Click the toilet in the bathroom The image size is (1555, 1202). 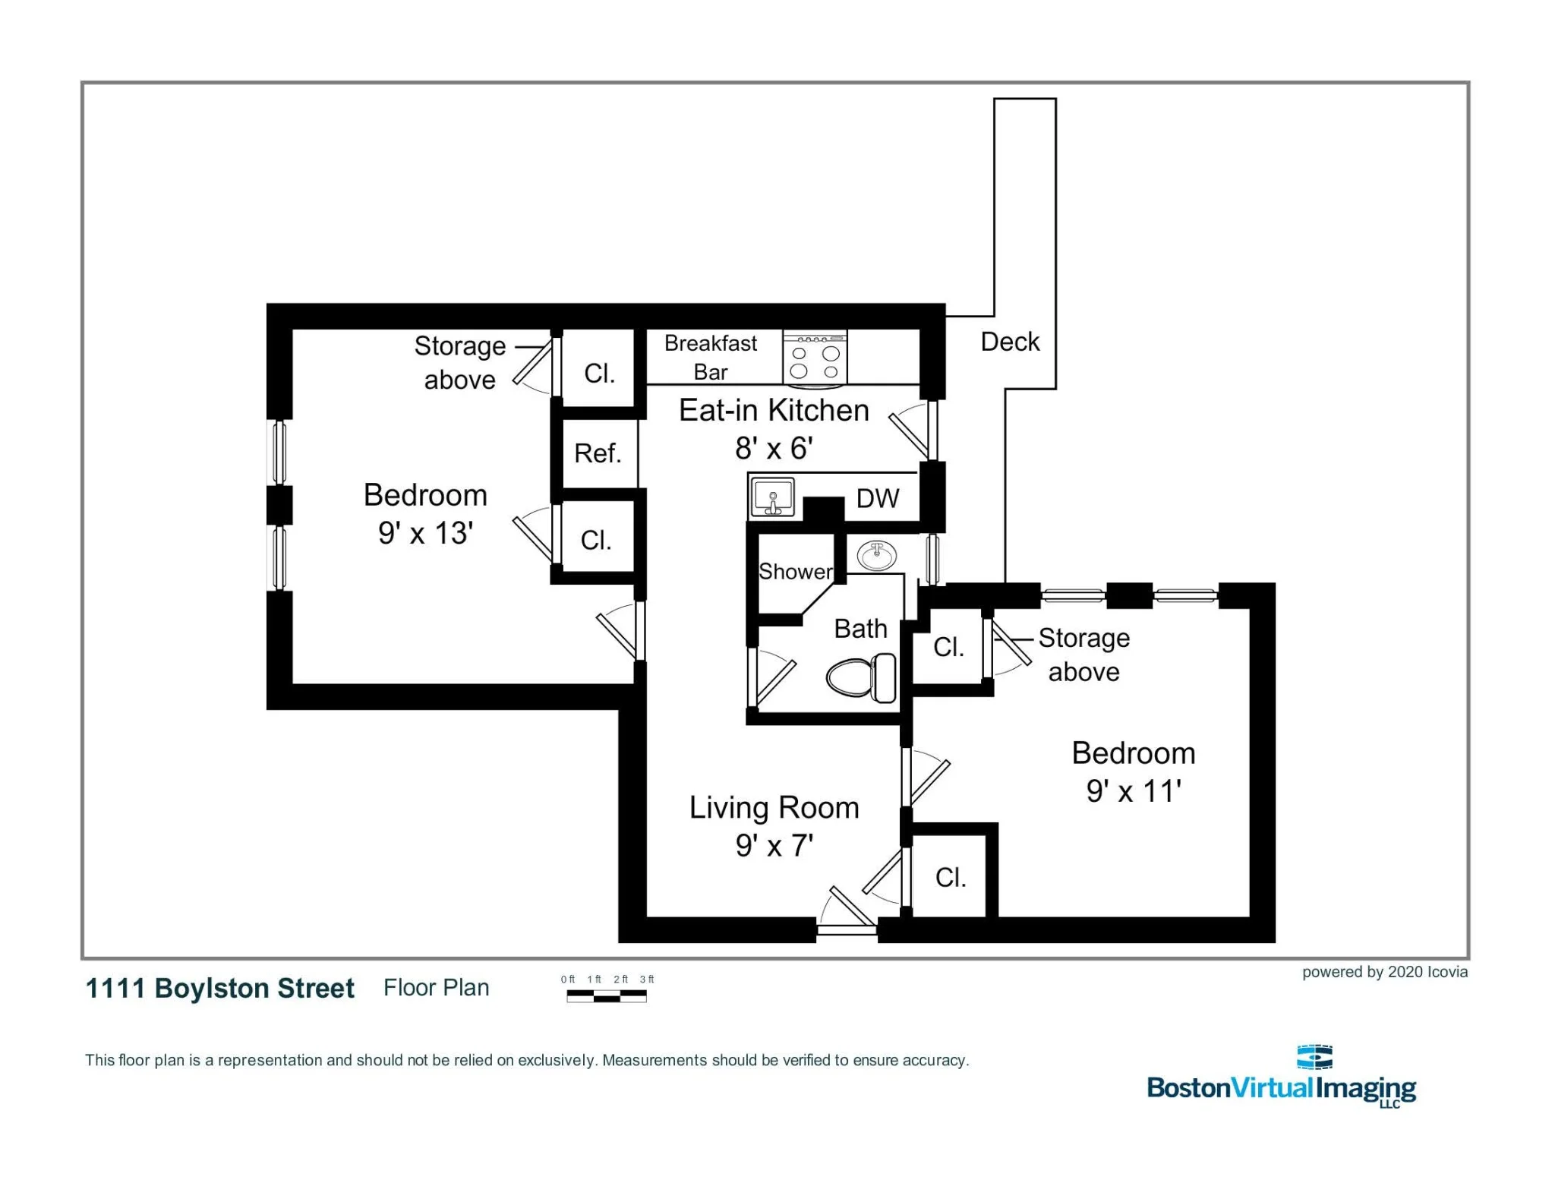tap(860, 678)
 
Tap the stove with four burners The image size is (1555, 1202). tap(815, 357)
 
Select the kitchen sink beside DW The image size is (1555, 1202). tap(773, 498)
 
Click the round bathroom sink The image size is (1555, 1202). tap(877, 555)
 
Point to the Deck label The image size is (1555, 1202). tap(1010, 342)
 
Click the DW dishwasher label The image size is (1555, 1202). tap(878, 499)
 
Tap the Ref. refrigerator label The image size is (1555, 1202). tap(598, 453)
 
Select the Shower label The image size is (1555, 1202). tap(795, 571)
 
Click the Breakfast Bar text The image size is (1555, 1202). tap(711, 357)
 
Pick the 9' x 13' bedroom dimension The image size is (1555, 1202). tap(425, 533)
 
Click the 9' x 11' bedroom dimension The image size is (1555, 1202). tap(1133, 791)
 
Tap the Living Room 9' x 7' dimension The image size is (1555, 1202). tap(774, 846)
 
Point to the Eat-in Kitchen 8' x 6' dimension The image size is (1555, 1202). tap(774, 449)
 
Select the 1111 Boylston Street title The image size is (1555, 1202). tap(220, 988)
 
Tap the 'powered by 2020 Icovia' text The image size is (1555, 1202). tap(1384, 972)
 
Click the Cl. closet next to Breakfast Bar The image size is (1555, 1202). tap(599, 373)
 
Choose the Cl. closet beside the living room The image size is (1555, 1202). tap(950, 878)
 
